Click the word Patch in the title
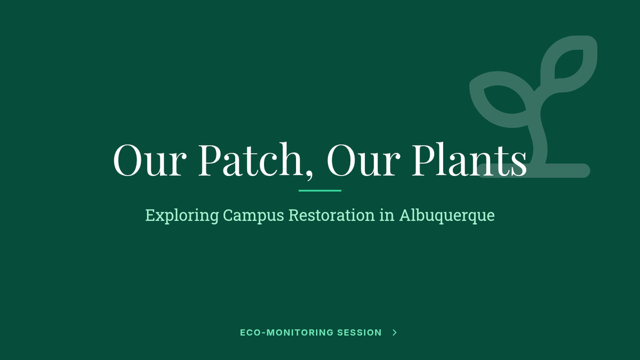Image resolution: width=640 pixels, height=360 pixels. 250,159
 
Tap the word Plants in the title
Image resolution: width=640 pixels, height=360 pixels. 469,159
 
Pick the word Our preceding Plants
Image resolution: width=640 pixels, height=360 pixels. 363,160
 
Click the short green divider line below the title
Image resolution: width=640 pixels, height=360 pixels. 320,190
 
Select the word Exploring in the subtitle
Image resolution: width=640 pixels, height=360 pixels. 182,215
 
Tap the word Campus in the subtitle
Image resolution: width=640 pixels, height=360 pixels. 253,215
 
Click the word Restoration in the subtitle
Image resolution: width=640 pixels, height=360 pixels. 331,215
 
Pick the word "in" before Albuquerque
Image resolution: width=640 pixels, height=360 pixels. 387,215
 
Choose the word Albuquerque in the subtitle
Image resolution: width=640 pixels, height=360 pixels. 447,215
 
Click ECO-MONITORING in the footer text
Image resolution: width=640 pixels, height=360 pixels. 286,333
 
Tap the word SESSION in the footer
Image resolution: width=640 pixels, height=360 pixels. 359,333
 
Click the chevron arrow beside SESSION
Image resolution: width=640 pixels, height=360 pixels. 395,333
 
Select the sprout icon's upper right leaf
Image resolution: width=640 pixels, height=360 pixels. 569,64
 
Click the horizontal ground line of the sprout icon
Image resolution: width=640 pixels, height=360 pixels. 534,171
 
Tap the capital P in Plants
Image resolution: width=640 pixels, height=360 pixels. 425,159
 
